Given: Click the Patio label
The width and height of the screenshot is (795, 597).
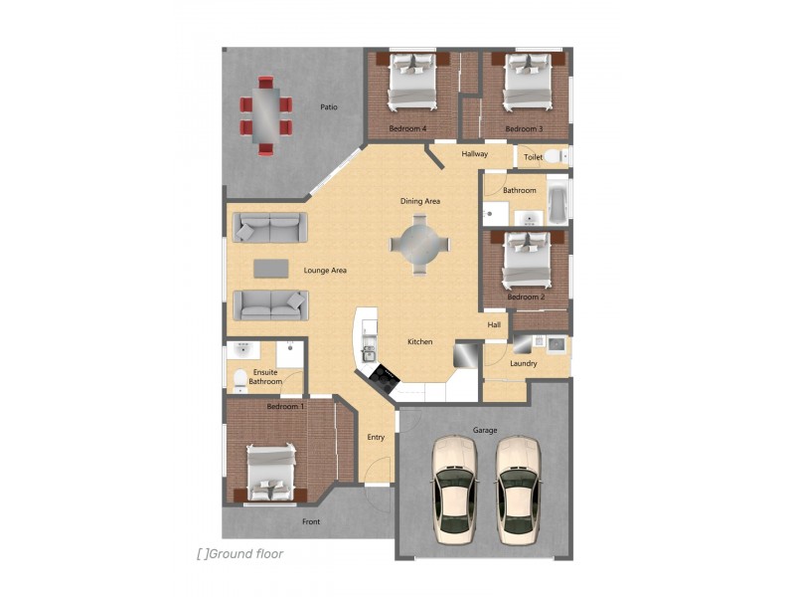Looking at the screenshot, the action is [329, 107].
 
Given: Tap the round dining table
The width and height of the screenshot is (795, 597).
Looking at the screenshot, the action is [419, 244].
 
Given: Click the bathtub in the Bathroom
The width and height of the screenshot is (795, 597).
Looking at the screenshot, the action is [557, 200].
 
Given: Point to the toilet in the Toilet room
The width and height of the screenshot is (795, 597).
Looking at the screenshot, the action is [556, 156].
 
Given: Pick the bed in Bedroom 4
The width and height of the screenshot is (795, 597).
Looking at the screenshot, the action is [411, 82].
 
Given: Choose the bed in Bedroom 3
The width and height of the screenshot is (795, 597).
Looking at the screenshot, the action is [528, 82].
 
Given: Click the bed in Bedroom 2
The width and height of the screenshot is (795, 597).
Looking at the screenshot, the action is [527, 260].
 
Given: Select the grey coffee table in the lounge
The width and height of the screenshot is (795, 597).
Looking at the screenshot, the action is [271, 269].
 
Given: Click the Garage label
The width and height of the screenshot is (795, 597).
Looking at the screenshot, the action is [485, 430].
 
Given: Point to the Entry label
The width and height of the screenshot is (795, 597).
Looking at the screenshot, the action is [376, 437].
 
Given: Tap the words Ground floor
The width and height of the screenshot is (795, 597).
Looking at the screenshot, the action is [246, 554].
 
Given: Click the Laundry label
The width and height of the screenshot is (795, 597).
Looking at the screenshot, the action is [524, 363].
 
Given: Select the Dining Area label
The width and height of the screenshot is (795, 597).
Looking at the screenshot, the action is [420, 201].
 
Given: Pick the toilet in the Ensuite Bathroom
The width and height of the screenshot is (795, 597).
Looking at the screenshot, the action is [240, 381].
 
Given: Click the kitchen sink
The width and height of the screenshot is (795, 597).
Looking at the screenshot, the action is [368, 354].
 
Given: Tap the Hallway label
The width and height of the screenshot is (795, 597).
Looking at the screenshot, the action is [475, 154].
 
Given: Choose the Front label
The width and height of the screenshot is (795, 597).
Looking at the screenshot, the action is [311, 521].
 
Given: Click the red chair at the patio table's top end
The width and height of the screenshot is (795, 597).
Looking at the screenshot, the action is [265, 83].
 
